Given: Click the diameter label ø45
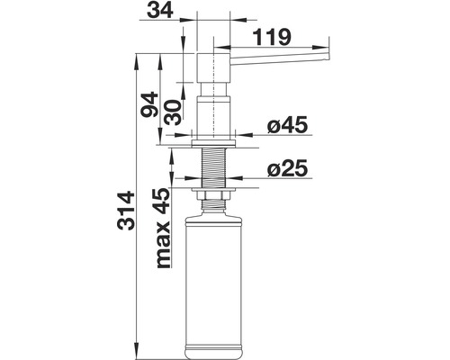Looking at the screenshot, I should (289, 127).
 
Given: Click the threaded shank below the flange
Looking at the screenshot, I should (213, 166).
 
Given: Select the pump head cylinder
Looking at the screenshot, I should (214, 67).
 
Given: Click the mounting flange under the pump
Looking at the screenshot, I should (213, 140).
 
